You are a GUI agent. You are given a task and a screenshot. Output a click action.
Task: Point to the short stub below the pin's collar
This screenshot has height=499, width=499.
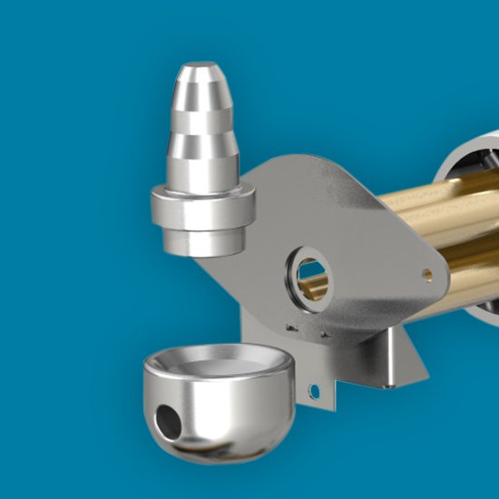(x=201, y=241)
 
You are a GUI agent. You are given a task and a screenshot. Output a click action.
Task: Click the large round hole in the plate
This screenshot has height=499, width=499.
(x=308, y=274)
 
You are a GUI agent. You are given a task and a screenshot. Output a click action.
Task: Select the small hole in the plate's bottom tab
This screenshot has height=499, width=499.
(x=314, y=391)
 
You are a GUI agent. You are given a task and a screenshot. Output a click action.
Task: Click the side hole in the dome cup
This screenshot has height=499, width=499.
(x=169, y=418)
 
